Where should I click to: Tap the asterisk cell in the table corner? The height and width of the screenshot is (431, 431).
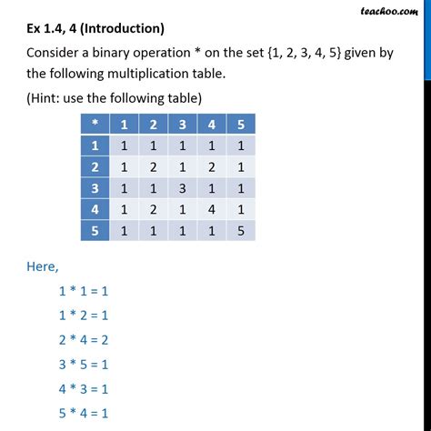tap(93, 122)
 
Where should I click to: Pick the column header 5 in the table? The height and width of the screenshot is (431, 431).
tap(240, 122)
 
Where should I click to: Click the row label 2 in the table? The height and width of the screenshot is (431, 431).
tap(93, 166)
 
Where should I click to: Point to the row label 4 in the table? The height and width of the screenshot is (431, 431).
tap(93, 209)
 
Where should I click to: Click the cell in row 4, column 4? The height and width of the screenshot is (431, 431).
tap(211, 209)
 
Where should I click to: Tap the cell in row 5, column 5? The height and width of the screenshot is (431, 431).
tap(240, 231)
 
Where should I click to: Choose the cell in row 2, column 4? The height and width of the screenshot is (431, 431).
tap(211, 166)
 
